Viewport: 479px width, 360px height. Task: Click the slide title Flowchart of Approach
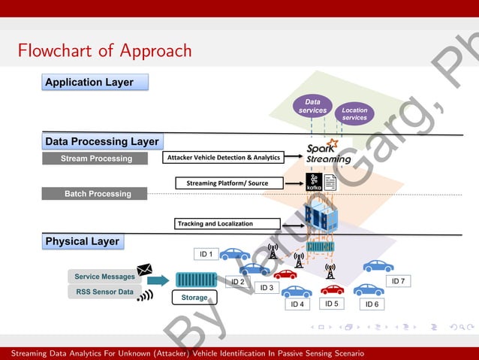pyautogui.click(x=105, y=51)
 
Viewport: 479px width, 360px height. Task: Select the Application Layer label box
pyautogui.click(x=95, y=82)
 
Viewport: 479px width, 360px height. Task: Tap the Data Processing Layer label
pyautogui.click(x=102, y=141)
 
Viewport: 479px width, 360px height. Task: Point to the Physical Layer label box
pyautogui.click(x=83, y=241)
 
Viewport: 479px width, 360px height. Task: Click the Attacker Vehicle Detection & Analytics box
pyautogui.click(x=223, y=158)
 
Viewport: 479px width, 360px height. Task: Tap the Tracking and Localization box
pyautogui.click(x=227, y=223)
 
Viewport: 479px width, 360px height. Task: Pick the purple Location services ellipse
pyautogui.click(x=354, y=114)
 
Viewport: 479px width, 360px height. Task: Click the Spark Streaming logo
pyautogui.click(x=328, y=153)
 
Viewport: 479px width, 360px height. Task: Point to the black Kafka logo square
pyautogui.click(x=314, y=181)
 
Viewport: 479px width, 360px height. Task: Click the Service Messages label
pyautogui.click(x=104, y=277)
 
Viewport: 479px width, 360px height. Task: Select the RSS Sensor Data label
pyautogui.click(x=104, y=292)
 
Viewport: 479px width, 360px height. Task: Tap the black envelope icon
pyautogui.click(x=145, y=270)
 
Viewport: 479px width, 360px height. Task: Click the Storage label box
pyautogui.click(x=194, y=298)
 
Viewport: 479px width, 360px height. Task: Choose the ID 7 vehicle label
pyautogui.click(x=398, y=281)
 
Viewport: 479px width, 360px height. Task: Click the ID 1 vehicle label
pyautogui.click(x=206, y=254)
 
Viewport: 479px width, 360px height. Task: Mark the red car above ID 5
pyautogui.click(x=332, y=289)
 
